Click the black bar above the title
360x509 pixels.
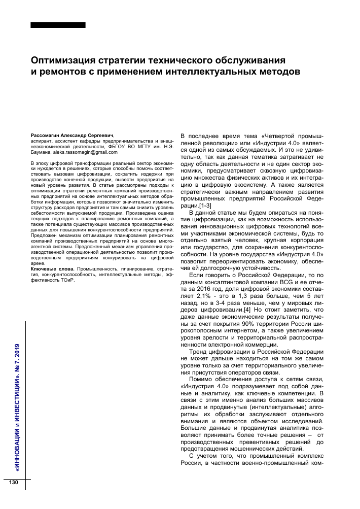coord(58,25)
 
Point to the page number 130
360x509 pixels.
coord(13,482)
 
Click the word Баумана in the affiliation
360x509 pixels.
coord(42,152)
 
